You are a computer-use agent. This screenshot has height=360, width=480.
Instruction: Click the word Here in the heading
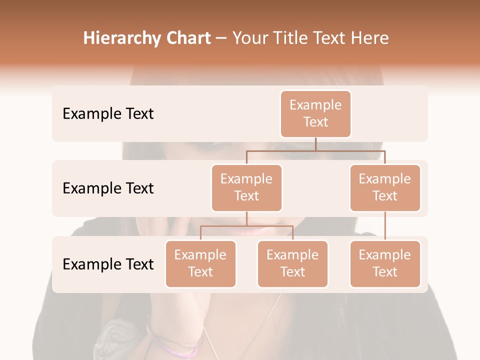point(370,38)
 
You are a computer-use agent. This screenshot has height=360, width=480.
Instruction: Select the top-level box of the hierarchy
point(315,113)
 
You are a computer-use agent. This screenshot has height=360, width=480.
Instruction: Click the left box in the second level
point(246,187)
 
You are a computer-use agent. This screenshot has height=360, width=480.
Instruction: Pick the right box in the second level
point(385,187)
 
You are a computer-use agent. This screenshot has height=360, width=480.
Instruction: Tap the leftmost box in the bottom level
point(200,263)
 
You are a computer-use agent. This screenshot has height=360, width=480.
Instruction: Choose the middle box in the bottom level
point(292,263)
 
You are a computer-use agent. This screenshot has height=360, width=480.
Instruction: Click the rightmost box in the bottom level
point(385,263)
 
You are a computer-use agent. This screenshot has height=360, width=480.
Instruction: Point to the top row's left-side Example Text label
point(108,114)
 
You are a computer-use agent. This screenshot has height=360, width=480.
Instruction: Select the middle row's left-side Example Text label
point(108,188)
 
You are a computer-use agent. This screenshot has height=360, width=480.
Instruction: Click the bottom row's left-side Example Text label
point(108,264)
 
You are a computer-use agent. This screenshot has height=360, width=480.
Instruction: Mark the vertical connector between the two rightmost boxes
point(385,226)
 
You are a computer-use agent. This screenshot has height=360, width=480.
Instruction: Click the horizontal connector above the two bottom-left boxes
point(246,226)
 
